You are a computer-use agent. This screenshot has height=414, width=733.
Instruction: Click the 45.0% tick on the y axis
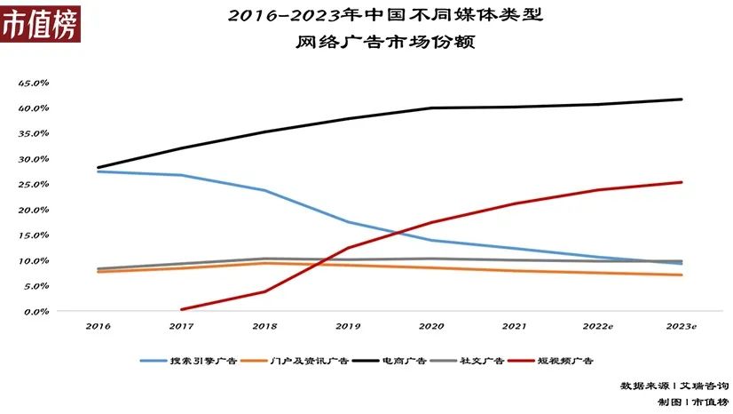click(x=33, y=83)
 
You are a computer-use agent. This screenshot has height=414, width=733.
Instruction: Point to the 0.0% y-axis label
click(x=35, y=312)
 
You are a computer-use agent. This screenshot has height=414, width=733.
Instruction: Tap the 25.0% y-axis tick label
click(x=33, y=185)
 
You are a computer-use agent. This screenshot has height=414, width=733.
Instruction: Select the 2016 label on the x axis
click(x=98, y=327)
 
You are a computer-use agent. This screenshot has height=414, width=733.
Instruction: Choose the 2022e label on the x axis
click(x=597, y=327)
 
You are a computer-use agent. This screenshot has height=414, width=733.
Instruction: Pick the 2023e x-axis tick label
click(x=682, y=327)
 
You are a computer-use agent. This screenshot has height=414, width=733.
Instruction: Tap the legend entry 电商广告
click(x=405, y=362)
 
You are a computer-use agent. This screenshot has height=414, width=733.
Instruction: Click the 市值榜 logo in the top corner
click(x=39, y=23)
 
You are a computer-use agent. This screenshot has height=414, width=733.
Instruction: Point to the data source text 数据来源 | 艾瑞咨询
click(x=674, y=386)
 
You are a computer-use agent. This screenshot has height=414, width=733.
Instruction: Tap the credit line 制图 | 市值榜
click(x=692, y=402)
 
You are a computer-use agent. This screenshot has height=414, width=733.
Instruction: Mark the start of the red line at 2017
click(x=182, y=309)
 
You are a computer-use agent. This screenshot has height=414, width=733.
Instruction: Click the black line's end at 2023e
click(x=682, y=100)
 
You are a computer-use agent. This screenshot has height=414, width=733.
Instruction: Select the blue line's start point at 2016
click(x=98, y=171)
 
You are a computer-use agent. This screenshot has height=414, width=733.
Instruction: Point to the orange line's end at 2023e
click(x=682, y=275)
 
